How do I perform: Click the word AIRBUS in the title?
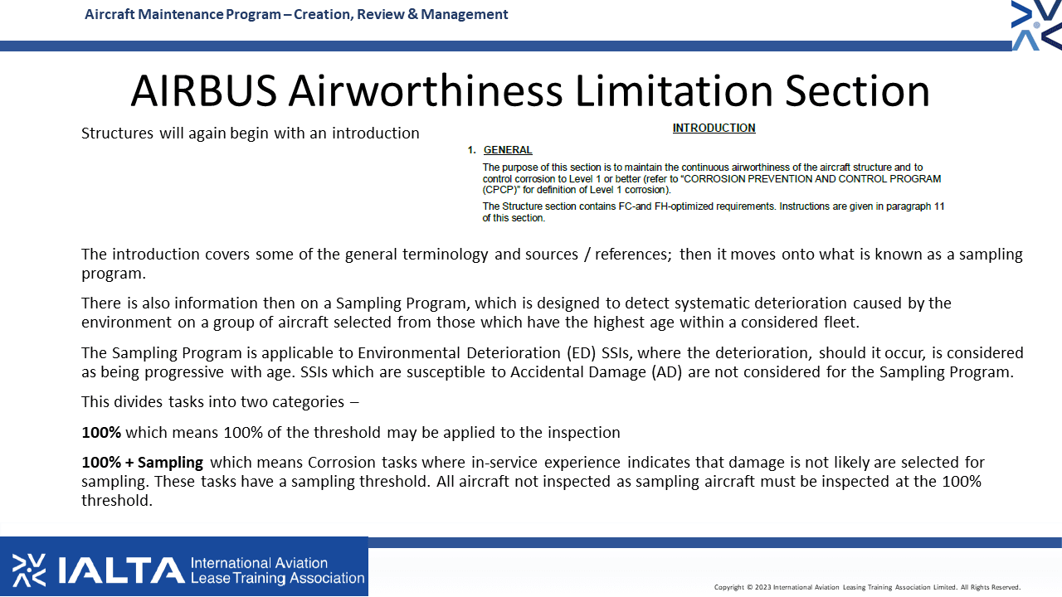[204, 90]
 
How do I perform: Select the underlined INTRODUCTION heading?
[714, 128]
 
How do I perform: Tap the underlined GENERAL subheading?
[508, 150]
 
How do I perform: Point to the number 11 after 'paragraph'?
[938, 206]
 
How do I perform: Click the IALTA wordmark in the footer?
[121, 570]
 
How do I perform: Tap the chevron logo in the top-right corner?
[1036, 25]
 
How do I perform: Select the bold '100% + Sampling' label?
[142, 462]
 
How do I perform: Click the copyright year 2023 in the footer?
[762, 588]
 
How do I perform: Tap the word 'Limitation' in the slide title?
[674, 90]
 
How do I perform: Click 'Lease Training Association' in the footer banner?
[277, 579]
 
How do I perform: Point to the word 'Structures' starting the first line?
[117, 133]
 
